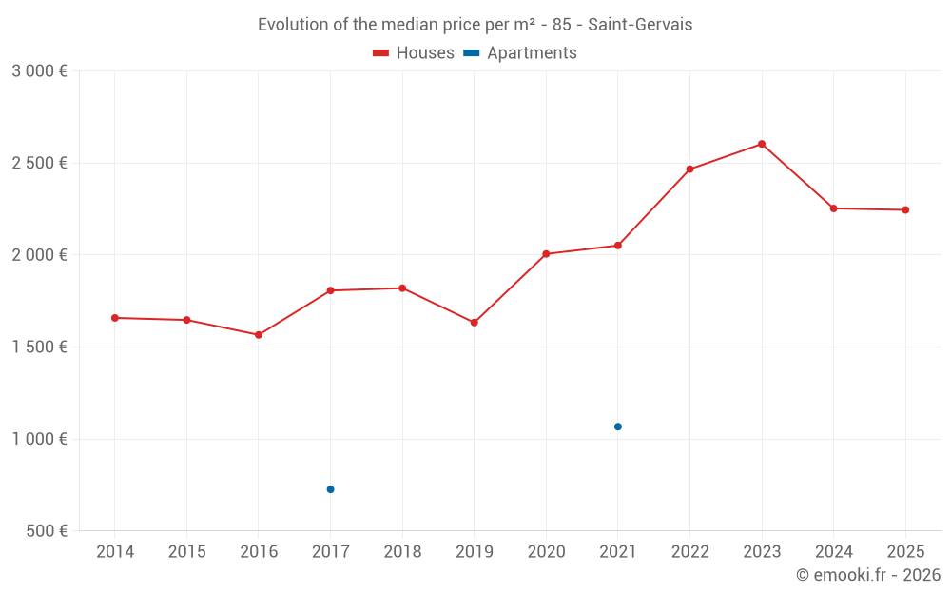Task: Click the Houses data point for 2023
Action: (762, 144)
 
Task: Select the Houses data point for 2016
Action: (259, 335)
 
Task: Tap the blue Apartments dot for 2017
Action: (330, 489)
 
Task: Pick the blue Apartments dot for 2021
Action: (618, 426)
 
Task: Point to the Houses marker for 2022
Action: (689, 169)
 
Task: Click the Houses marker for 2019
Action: (475, 323)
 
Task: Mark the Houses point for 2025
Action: (905, 209)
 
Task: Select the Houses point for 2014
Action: (115, 318)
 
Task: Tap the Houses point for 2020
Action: (546, 254)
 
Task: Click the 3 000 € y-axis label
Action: (40, 71)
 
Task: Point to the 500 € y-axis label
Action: (46, 531)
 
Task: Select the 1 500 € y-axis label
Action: (40, 347)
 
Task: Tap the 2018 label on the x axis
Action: (402, 552)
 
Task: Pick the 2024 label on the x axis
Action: (833, 552)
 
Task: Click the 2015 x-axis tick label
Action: (186, 552)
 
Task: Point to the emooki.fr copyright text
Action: (868, 575)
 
